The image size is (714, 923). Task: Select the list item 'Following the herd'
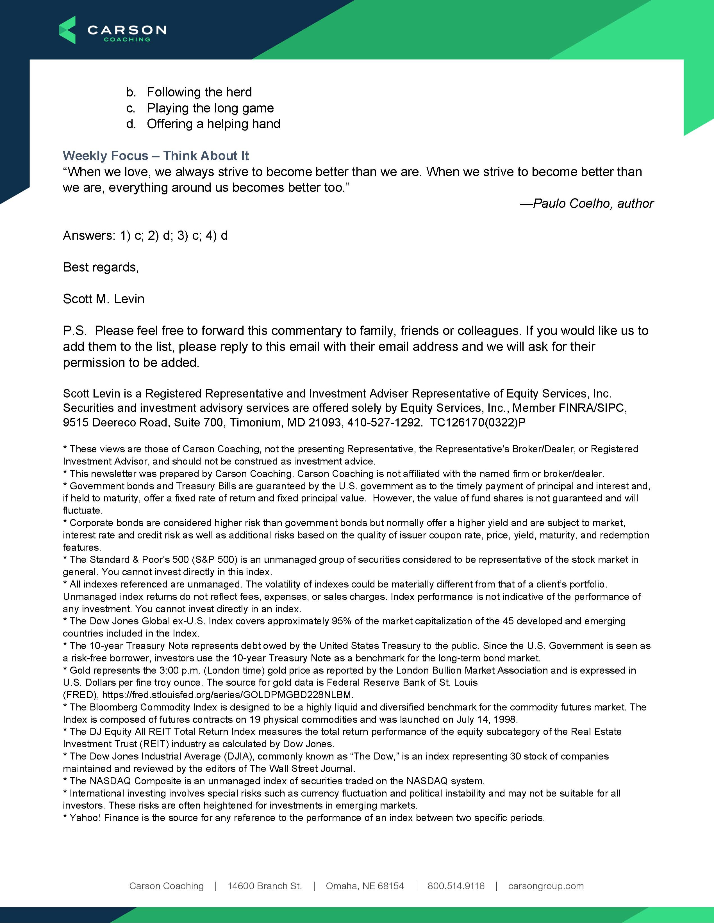(199, 92)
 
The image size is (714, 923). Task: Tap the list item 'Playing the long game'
(210, 108)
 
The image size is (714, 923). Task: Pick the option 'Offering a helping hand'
(213, 124)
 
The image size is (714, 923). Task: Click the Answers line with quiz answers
(145, 235)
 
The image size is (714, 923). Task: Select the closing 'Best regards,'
(101, 267)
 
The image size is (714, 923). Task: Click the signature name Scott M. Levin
(104, 299)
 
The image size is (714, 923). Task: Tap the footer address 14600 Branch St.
(265, 886)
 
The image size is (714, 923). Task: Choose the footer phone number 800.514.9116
(456, 886)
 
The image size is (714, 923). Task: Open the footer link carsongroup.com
(546, 886)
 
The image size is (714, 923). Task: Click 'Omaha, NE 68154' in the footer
(365, 886)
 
